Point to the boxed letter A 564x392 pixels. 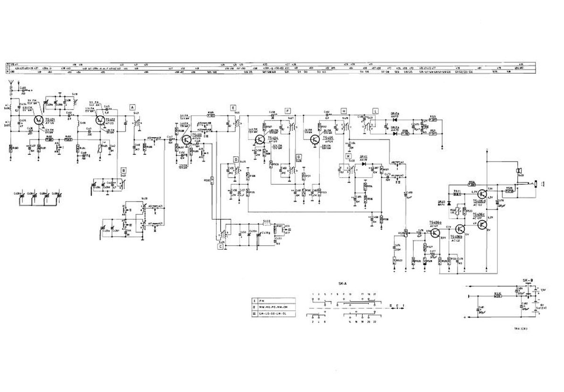[x=133, y=107]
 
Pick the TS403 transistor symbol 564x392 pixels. [x=187, y=140]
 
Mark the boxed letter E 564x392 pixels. [x=233, y=108]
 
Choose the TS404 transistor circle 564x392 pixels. [x=260, y=139]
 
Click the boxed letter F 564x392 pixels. [x=287, y=110]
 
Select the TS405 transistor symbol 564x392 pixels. [x=316, y=139]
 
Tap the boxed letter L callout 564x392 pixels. [x=375, y=110]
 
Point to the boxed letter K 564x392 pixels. [x=348, y=156]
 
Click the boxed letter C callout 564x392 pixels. [x=220, y=246]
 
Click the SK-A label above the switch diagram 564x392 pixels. [x=342, y=283]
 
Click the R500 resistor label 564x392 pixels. [x=206, y=180]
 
